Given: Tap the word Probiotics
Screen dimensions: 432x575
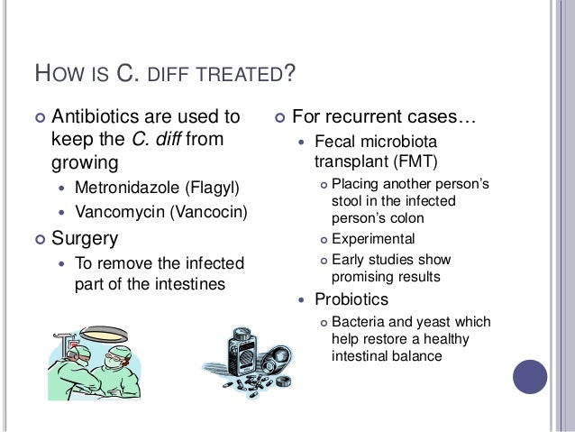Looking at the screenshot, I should pos(352,299).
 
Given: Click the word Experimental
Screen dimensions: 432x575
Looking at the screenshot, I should pos(373,239).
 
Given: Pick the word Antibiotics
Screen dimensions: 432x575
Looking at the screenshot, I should pos(98,116).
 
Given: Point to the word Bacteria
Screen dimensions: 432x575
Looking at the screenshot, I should pos(360,322).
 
